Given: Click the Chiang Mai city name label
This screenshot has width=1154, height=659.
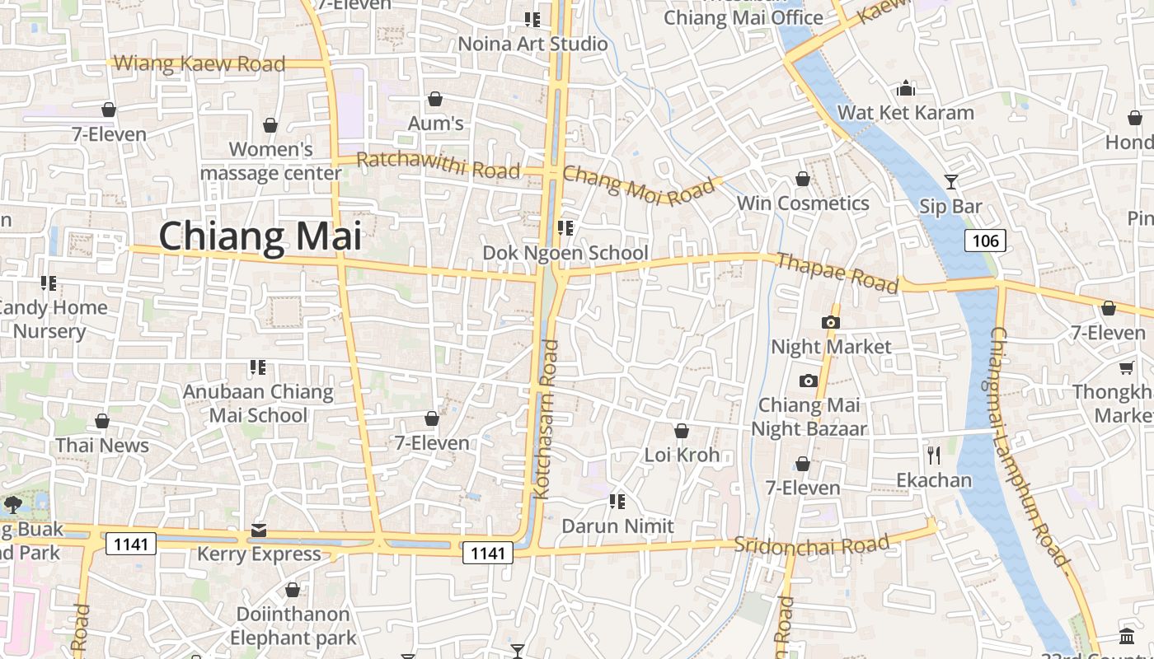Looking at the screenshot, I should point(260,236).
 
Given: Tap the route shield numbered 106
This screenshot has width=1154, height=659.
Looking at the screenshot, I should point(985,241).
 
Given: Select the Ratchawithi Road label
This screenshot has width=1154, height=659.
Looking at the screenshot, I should point(439,165).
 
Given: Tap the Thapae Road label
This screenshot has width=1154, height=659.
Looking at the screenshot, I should point(837,273).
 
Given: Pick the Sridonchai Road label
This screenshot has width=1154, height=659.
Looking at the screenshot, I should point(811,544).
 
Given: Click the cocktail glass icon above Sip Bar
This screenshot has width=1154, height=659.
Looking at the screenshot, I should point(951,181).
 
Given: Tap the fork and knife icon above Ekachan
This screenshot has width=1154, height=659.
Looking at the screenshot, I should point(934,455).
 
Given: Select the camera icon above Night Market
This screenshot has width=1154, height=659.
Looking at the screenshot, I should point(830,322).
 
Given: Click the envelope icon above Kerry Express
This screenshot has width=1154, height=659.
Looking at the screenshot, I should point(259,530).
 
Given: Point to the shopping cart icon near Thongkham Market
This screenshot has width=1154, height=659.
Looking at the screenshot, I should point(1126,367).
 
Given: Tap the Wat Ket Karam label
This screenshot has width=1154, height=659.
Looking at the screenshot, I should point(905,112).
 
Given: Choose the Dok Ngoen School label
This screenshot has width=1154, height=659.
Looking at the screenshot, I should point(565,253).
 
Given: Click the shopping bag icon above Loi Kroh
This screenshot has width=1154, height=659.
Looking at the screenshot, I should point(682,431).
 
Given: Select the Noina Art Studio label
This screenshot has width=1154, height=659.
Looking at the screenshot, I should point(532,44).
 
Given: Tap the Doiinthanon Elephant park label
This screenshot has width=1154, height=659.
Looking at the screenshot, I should point(293,626).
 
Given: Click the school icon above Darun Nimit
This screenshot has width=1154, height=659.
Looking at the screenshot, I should point(617,501).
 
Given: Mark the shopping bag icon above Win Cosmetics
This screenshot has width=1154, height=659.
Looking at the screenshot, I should point(803,179).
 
